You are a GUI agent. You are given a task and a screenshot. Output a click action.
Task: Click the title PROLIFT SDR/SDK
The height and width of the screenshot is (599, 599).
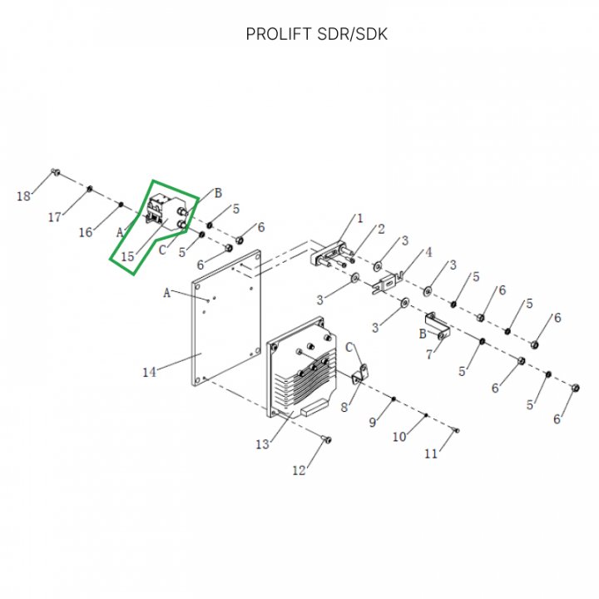(316, 34)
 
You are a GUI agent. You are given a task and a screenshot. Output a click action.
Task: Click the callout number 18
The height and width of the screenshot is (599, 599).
(23, 196)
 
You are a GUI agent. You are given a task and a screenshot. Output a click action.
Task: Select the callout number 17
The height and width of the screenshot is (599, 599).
(55, 217)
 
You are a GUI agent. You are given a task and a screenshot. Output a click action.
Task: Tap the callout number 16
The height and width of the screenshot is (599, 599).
(86, 232)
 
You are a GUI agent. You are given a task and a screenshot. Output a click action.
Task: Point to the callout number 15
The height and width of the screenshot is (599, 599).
(127, 257)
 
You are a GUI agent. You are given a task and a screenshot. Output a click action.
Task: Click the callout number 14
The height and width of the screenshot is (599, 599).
(149, 372)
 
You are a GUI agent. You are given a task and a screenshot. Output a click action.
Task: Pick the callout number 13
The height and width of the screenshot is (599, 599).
(262, 445)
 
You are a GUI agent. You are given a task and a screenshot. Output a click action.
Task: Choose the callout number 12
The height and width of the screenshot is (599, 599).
(299, 471)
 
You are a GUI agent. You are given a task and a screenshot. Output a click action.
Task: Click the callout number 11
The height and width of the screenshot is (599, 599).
(431, 453)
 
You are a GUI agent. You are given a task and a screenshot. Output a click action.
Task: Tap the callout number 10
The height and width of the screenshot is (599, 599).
(399, 437)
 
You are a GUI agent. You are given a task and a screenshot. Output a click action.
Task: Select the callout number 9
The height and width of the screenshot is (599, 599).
(374, 423)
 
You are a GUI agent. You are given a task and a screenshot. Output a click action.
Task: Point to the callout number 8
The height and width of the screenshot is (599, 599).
(344, 408)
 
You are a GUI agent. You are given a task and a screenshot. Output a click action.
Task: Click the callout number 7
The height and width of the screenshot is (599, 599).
(428, 355)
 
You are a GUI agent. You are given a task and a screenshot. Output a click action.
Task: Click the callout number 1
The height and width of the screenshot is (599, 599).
(360, 219)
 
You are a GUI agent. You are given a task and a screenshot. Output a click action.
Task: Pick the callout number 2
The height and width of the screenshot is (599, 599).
(381, 229)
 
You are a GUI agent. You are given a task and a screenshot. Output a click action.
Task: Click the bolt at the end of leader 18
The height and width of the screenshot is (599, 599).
(55, 172)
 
